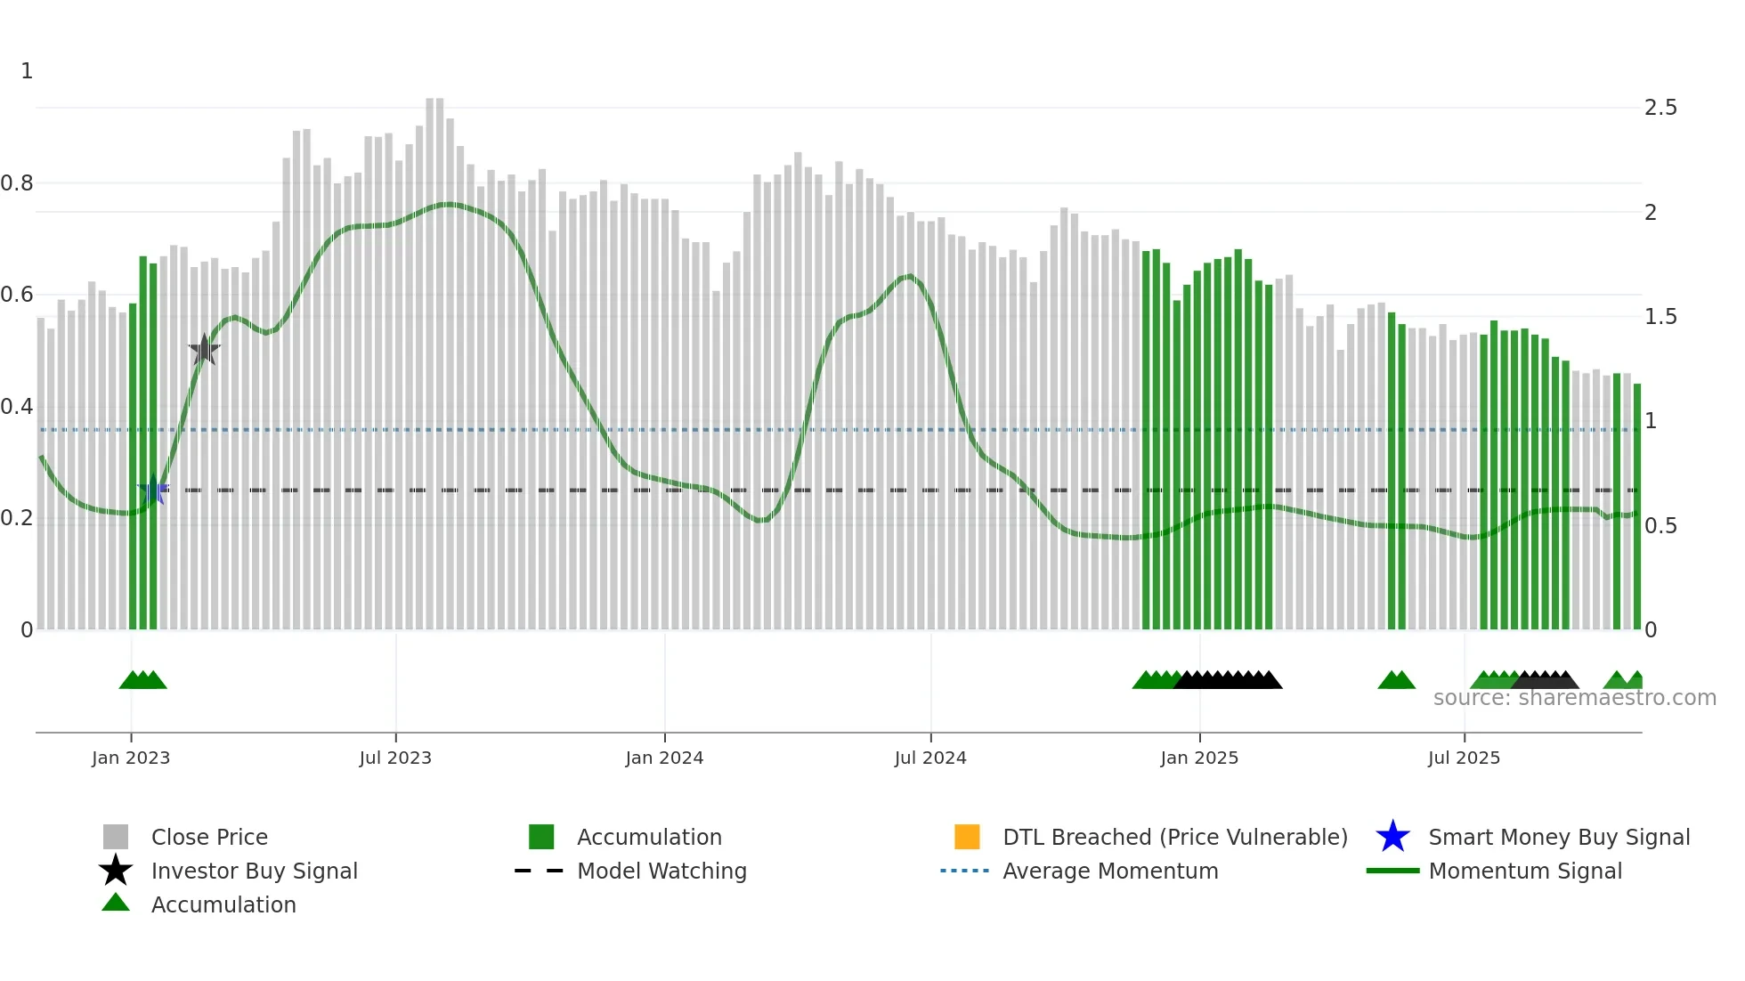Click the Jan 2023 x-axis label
click(x=131, y=758)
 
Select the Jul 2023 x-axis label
click(x=395, y=758)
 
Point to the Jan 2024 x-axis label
click(x=664, y=758)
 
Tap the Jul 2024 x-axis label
click(x=930, y=758)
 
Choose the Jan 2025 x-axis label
click(x=1199, y=758)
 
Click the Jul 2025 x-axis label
click(x=1464, y=758)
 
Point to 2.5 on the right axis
click(x=1660, y=108)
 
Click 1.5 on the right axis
click(x=1660, y=317)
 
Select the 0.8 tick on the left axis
click(x=17, y=183)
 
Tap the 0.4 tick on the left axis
click(x=17, y=407)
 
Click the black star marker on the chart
click(x=204, y=350)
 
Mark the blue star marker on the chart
click(x=153, y=490)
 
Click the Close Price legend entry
click(x=209, y=837)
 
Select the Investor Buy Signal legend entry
click(x=254, y=871)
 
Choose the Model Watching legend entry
click(x=661, y=871)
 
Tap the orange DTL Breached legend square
click(x=967, y=837)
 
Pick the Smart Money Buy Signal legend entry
click(x=1559, y=837)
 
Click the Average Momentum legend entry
click(x=1110, y=871)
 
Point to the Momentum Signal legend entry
click(x=1525, y=871)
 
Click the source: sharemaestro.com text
click(x=1574, y=698)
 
